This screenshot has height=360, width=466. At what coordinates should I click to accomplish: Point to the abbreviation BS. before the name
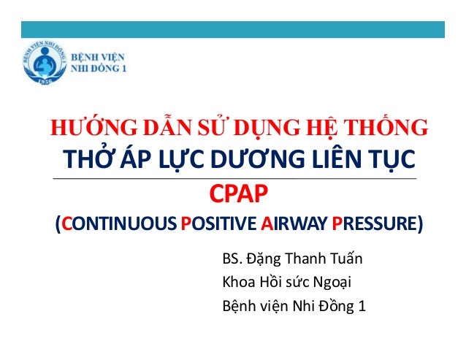(x=231, y=259)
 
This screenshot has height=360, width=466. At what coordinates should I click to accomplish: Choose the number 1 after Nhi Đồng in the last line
(x=362, y=306)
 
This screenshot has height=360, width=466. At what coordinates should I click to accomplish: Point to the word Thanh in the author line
(x=302, y=259)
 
